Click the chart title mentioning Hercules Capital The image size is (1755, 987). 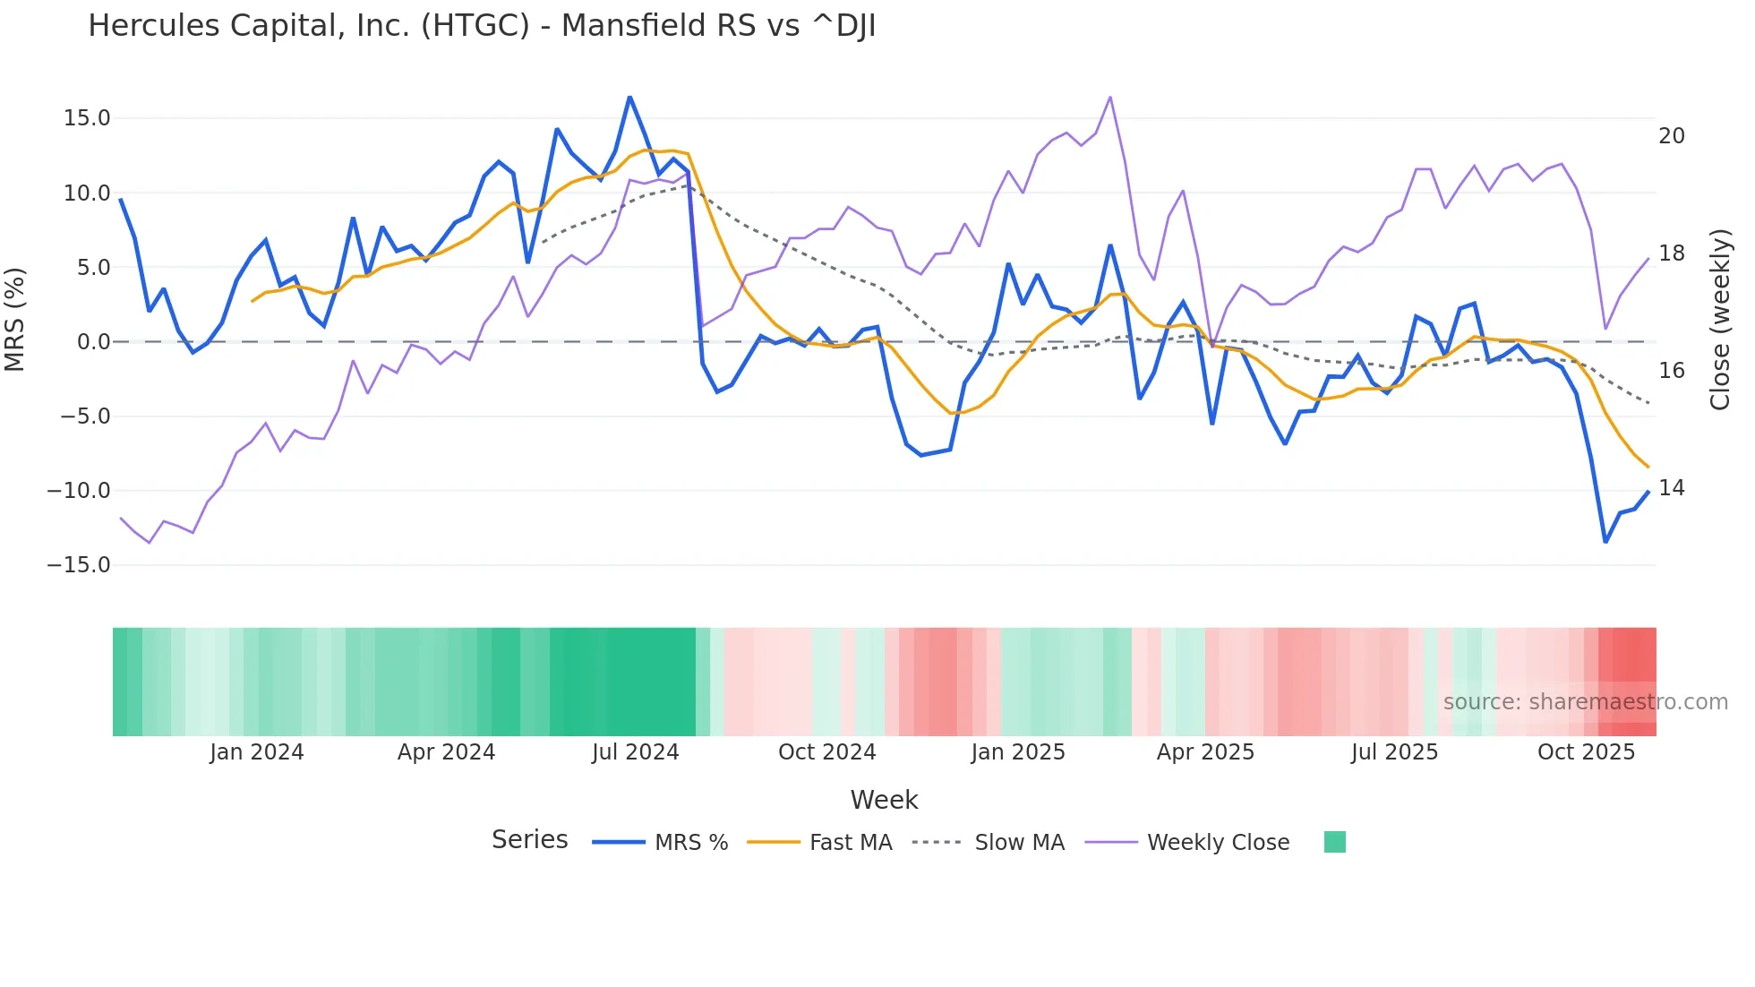481,25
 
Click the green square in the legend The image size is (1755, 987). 1334,842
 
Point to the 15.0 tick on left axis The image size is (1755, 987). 87,118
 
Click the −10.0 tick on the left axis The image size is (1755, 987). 79,491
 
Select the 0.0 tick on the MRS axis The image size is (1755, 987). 93,342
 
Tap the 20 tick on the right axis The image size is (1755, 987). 1672,136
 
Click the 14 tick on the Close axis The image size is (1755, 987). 1672,488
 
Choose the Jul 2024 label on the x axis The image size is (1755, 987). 636,752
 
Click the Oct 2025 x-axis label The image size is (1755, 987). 1586,752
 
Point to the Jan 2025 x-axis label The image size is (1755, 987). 1018,752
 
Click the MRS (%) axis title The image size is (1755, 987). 15,319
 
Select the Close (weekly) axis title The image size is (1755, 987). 1720,319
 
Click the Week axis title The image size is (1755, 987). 884,800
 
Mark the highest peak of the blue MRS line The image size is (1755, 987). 629,97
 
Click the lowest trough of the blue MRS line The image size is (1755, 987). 1605,542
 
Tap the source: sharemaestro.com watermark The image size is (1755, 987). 1585,702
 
